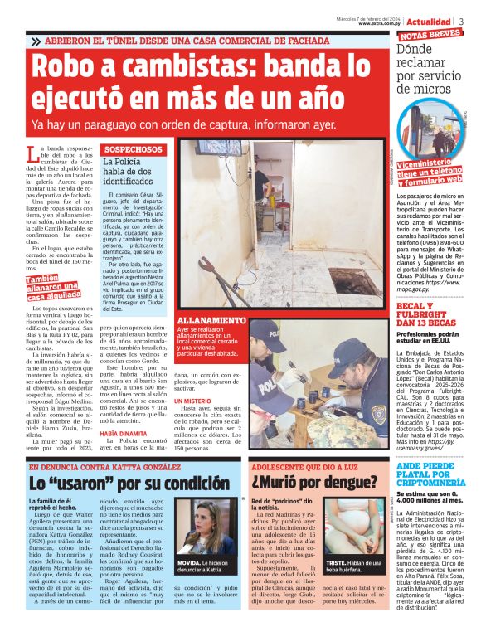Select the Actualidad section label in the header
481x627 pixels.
[429, 21]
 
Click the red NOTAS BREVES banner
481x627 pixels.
[430, 36]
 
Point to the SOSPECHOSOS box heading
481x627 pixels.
[132, 149]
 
